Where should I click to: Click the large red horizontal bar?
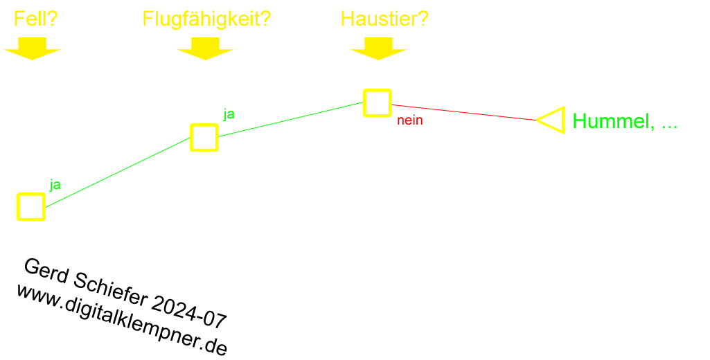pos(465,112)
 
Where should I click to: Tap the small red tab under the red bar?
pos(409,122)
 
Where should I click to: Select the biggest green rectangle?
pos(122,172)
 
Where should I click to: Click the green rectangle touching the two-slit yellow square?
pos(288,119)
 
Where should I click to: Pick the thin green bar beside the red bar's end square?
pos(625,122)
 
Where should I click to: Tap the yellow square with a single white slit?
pos(31,206)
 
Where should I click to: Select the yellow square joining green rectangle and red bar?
pos(378,102)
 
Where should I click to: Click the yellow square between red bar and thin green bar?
pos(554,120)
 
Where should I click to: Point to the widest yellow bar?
pos(207,20)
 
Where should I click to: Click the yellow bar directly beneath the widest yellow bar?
pos(205,48)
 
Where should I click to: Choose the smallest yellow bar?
pos(36,18)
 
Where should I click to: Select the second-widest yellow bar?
pos(385,18)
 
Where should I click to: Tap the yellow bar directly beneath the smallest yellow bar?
pos(32,48)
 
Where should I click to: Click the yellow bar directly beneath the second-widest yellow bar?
pos(378,48)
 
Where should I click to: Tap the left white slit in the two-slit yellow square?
pos(197,137)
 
